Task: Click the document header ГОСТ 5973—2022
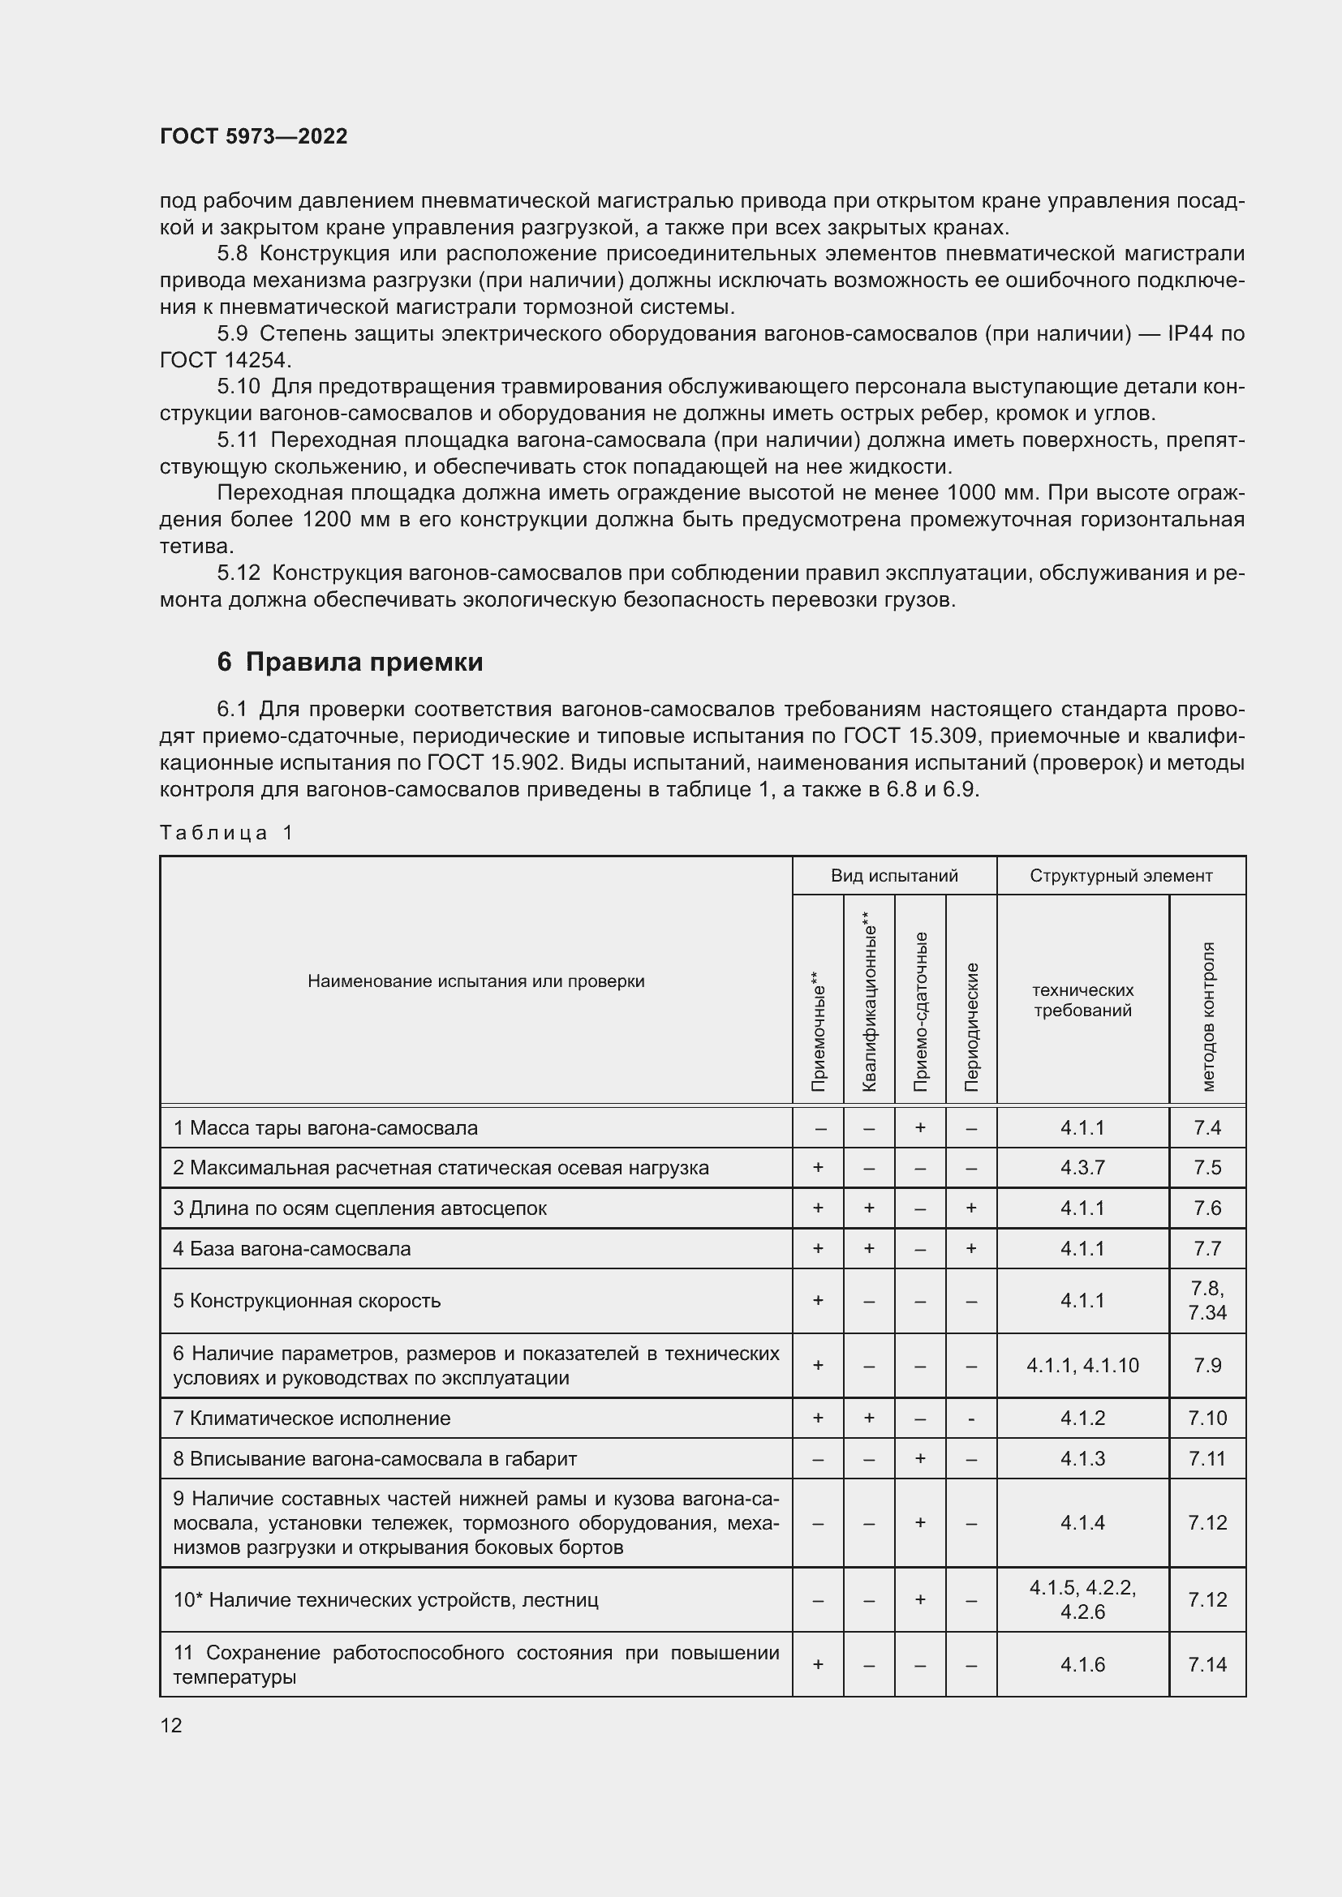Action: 253,136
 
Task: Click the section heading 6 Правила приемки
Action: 350,662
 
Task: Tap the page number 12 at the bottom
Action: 171,1725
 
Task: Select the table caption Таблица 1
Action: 226,832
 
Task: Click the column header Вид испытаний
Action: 894,875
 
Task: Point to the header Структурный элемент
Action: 1120,875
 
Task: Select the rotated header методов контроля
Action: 1207,1016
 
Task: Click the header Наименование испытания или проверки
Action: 476,981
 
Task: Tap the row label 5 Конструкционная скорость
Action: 307,1300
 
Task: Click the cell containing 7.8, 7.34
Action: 1207,1300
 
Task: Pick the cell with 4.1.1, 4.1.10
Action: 1082,1366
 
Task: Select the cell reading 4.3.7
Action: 1082,1167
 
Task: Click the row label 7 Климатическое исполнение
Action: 312,1418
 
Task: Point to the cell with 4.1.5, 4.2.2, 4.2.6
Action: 1082,1599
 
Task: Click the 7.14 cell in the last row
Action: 1207,1665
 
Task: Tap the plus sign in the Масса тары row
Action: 921,1128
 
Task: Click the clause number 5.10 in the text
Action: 239,386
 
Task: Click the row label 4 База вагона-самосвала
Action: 292,1248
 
